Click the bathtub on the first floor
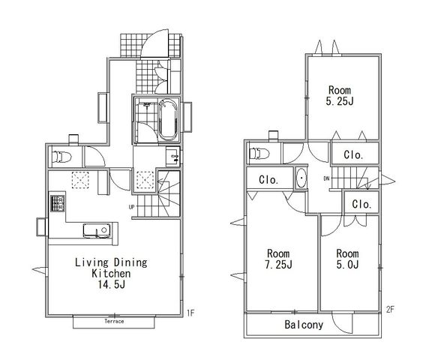pos(168,119)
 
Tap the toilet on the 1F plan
pos(61,157)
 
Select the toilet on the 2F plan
pos(259,154)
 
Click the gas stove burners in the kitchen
pos(57,203)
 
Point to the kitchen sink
pos(97,230)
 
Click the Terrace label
pos(114,321)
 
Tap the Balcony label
pos(304,325)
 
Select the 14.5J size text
pos(112,284)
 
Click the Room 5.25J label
pos(340,95)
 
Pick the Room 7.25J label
pos(278,259)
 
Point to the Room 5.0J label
pos(347,259)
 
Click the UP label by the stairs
pos(132,206)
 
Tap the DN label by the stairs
pos(326,178)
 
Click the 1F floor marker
pos(190,313)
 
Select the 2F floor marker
pos(390,310)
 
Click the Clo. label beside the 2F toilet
pos(268,180)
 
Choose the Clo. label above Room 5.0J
pos(361,205)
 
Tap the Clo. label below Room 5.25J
pos(353,155)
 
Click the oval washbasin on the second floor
pos(301,178)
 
